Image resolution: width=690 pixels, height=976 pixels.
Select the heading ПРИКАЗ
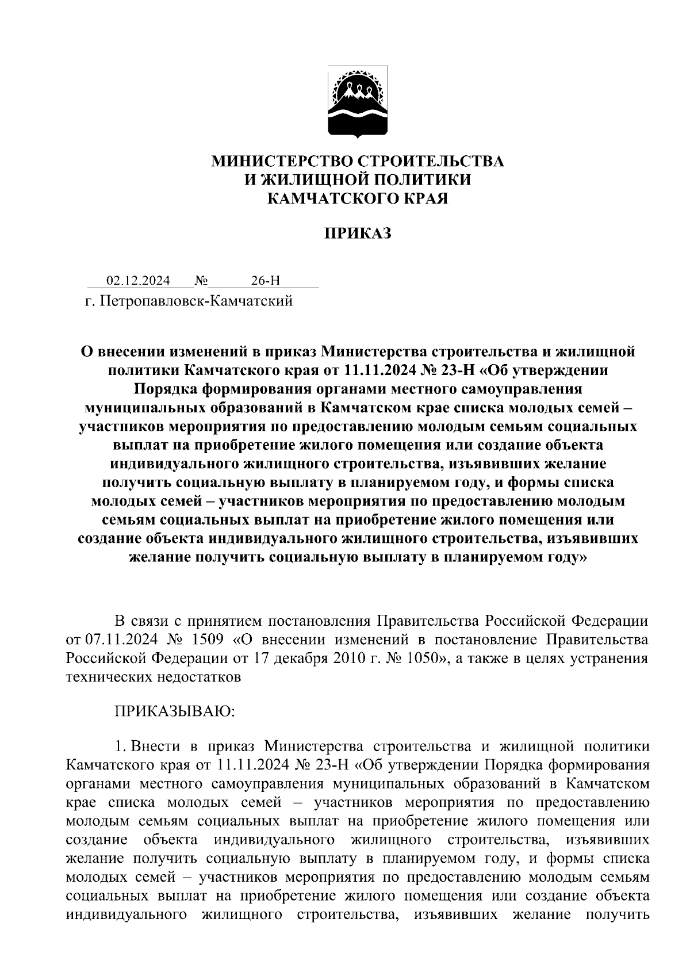(358, 234)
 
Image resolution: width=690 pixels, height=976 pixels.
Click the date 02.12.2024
(138, 281)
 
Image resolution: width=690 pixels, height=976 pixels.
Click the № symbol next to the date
(201, 281)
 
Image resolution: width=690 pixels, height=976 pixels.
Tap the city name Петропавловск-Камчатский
(197, 301)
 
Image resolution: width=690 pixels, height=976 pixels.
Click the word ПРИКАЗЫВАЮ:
(175, 711)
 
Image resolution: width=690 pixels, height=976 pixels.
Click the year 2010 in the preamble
(349, 658)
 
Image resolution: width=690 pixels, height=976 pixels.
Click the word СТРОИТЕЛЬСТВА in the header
(431, 162)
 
